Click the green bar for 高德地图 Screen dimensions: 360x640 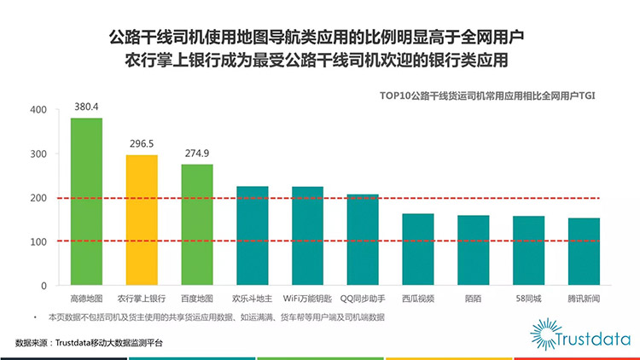[86, 201]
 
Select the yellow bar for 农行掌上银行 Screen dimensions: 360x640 [142, 220]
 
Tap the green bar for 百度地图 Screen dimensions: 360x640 [197, 224]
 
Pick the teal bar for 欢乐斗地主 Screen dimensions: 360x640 [252, 235]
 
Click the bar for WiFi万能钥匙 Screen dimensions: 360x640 [307, 235]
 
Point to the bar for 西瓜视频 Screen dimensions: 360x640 [418, 249]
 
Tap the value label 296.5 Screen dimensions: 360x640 [142, 144]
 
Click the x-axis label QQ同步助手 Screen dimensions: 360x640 [363, 299]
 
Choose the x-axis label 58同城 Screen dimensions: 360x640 [528, 299]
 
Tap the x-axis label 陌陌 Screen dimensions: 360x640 [473, 299]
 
